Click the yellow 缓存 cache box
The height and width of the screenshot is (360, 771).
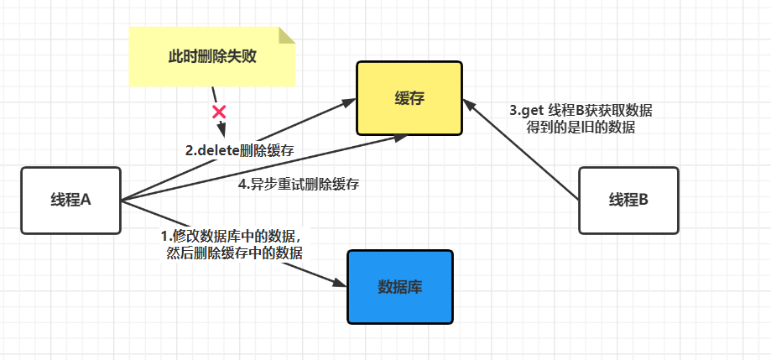click(409, 98)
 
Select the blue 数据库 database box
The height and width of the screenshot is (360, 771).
click(399, 287)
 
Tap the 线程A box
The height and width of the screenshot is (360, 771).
click(70, 201)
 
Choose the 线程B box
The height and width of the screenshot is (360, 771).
click(629, 201)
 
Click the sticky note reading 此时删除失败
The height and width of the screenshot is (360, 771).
click(211, 57)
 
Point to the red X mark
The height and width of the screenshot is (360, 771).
click(219, 112)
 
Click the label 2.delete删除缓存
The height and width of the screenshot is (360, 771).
click(239, 151)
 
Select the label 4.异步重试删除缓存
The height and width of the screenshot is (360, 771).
click(299, 185)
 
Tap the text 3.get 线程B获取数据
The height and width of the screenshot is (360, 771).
click(581, 111)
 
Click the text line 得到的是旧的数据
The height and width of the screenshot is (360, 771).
click(581, 128)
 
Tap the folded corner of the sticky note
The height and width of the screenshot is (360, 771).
click(287, 34)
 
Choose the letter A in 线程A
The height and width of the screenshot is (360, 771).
click(86, 201)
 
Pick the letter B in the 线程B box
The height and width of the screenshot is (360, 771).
click(644, 201)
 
